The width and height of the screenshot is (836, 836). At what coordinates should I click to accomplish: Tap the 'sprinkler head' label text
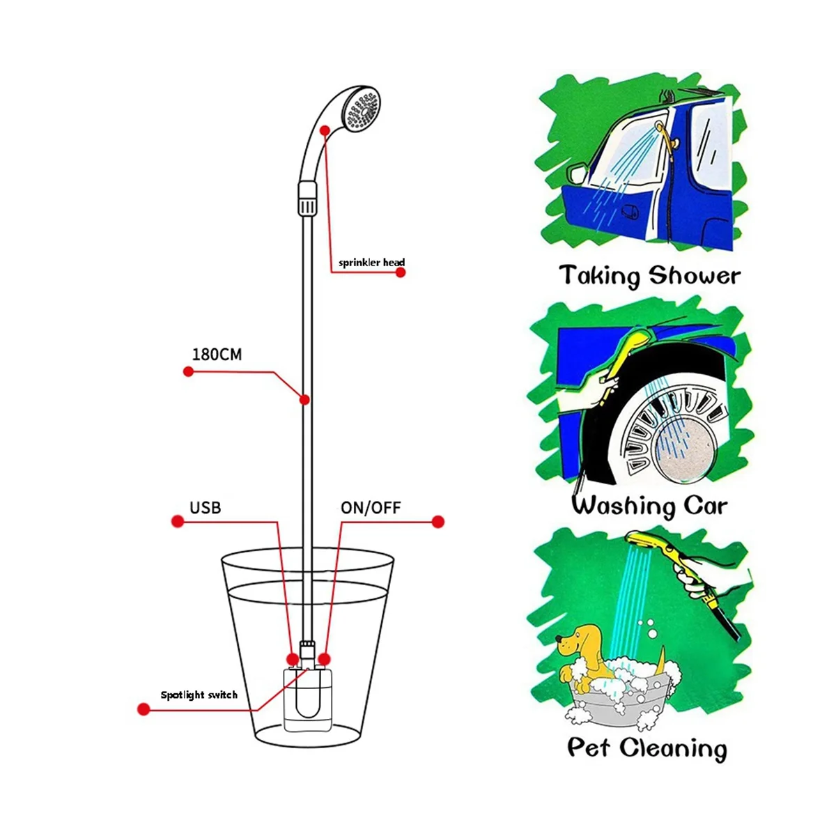371,263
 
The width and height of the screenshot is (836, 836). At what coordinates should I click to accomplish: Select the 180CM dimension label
217,355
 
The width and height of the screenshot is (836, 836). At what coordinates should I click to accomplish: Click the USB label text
205,507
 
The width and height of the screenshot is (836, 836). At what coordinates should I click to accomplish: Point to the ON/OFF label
371,508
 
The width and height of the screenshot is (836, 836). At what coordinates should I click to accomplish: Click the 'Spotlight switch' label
199,695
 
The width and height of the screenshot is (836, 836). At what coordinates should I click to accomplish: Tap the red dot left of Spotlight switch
144,709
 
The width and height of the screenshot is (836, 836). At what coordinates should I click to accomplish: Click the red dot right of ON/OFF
438,522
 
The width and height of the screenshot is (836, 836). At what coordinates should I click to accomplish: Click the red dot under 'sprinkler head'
401,272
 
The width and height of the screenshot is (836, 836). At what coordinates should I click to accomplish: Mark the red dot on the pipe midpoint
304,399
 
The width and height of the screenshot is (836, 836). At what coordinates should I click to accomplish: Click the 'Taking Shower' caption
649,276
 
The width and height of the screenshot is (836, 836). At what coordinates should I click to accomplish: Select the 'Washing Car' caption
649,505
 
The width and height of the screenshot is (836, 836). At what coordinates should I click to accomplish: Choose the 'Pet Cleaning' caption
647,748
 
